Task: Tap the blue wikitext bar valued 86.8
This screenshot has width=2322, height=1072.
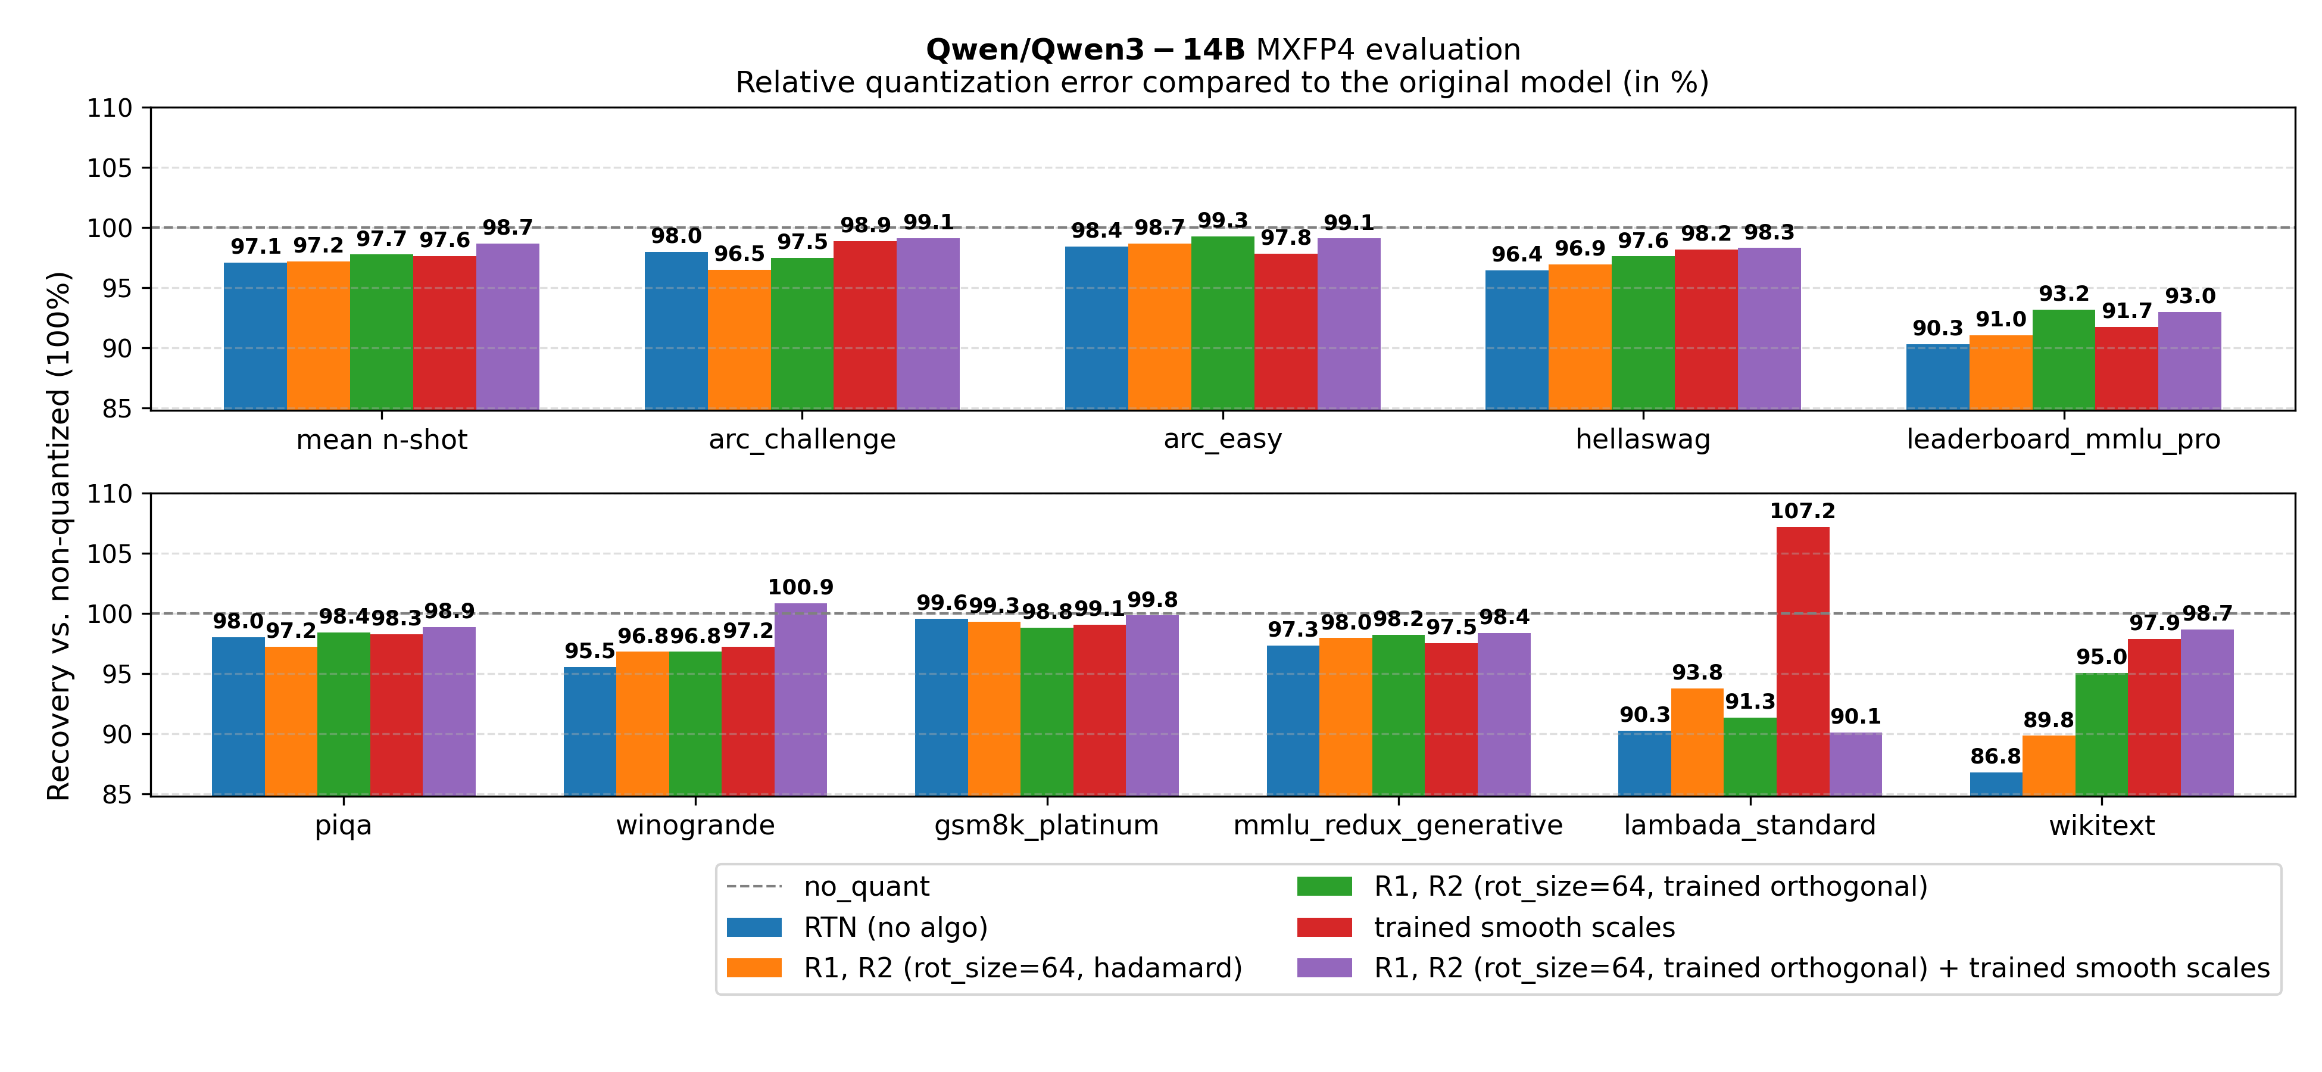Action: [x=1996, y=784]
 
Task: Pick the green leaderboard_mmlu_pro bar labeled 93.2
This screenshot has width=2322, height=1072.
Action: [x=2063, y=359]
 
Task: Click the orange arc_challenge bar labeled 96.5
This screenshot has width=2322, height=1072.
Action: [x=739, y=339]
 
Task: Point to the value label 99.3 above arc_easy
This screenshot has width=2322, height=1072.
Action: [x=1222, y=221]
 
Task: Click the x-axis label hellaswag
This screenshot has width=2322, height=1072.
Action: [x=1642, y=439]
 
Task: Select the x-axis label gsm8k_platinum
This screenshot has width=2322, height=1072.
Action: [x=1047, y=825]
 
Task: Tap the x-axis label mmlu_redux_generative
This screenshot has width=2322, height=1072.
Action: [x=1397, y=825]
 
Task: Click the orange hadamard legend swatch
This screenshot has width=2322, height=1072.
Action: [x=754, y=967]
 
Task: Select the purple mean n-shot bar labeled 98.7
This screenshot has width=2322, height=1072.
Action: [x=507, y=326]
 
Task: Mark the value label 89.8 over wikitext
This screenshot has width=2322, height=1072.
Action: [x=2048, y=721]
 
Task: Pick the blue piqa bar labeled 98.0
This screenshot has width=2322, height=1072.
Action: [x=238, y=716]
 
